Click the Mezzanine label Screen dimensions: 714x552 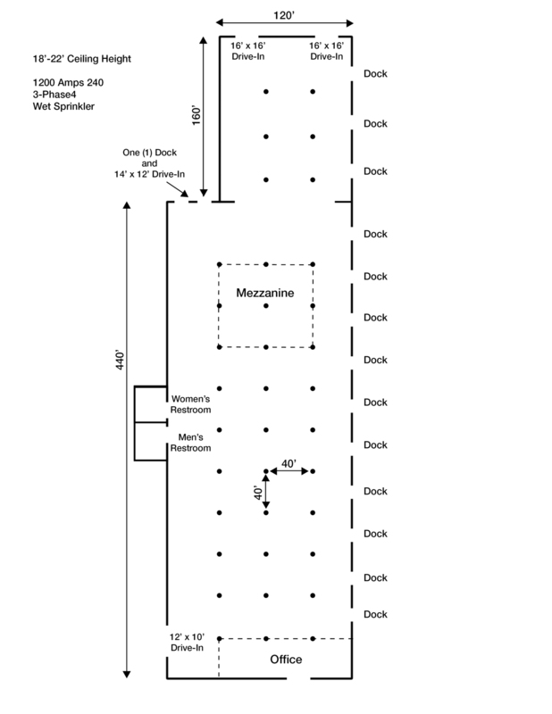265,293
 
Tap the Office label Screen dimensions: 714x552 287,660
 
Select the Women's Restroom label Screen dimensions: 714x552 190,404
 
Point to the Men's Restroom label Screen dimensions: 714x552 190,444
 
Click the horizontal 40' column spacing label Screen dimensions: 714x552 289,463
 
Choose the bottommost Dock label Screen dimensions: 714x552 377,614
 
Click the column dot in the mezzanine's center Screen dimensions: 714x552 266,306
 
